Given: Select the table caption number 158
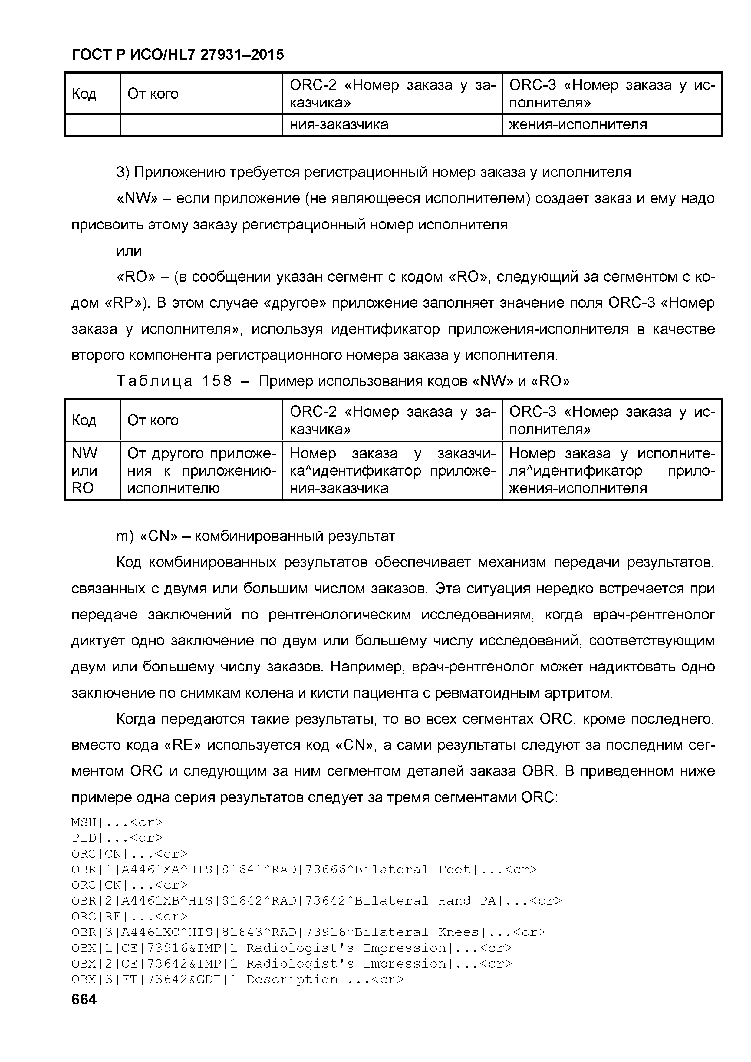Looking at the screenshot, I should click(x=217, y=381).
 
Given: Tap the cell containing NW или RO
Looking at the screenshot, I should click(x=92, y=470).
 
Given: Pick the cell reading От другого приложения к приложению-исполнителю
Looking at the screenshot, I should click(x=201, y=470).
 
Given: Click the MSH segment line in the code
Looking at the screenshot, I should click(x=117, y=823).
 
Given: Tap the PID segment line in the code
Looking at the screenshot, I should click(x=117, y=838).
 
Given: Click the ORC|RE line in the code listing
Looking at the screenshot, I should click(x=130, y=916).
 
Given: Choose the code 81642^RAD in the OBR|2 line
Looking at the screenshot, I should click(x=259, y=901).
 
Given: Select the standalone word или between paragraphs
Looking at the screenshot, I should click(x=129, y=251).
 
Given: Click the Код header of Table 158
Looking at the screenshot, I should click(x=84, y=420).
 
